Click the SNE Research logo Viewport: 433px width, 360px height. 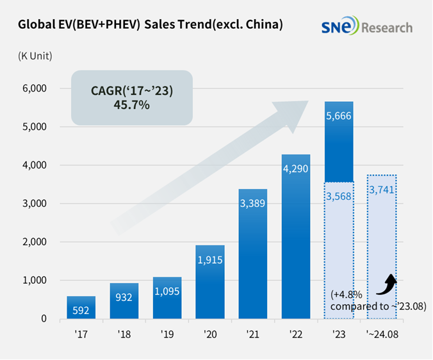[367, 27]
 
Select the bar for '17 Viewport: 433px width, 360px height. [81, 307]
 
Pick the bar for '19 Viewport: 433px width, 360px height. [167, 298]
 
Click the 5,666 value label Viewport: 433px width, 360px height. [338, 117]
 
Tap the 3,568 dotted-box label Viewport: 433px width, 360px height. [338, 196]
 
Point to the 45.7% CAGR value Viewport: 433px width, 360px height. [131, 104]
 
